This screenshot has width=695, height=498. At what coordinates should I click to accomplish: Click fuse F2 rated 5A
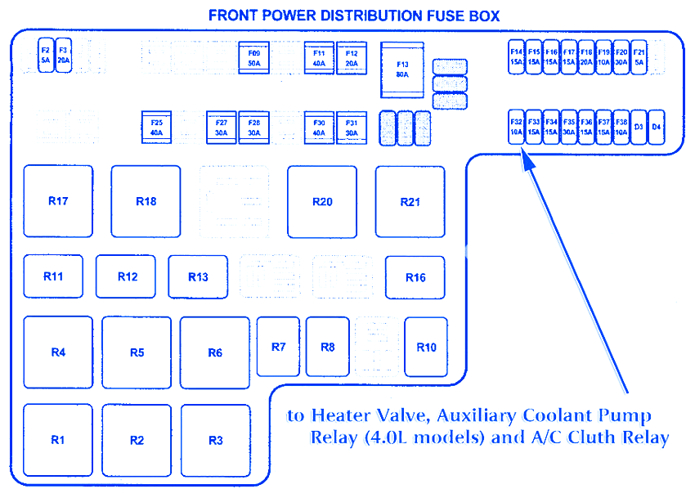point(46,56)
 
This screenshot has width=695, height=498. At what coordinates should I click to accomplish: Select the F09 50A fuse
point(254,57)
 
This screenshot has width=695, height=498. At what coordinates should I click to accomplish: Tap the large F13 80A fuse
point(402,70)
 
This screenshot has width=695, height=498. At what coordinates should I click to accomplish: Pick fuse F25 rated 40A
point(156,127)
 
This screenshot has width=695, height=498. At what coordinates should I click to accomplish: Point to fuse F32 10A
point(516,127)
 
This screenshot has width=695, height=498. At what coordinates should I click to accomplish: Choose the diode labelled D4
point(656,127)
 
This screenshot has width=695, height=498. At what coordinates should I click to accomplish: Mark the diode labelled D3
point(639,127)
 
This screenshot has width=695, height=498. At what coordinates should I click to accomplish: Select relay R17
point(58,201)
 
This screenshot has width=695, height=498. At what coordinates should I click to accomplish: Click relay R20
point(322,202)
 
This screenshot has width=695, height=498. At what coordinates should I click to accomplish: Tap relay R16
point(415,277)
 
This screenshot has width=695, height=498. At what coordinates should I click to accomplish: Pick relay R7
point(278,347)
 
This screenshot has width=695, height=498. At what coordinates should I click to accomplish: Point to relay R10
point(426,347)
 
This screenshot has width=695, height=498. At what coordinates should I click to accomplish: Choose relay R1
point(58,440)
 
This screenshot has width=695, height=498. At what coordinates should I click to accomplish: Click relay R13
point(198,277)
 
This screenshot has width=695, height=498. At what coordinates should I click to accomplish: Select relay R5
point(137,352)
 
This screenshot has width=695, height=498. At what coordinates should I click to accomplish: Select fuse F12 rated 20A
point(352,57)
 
